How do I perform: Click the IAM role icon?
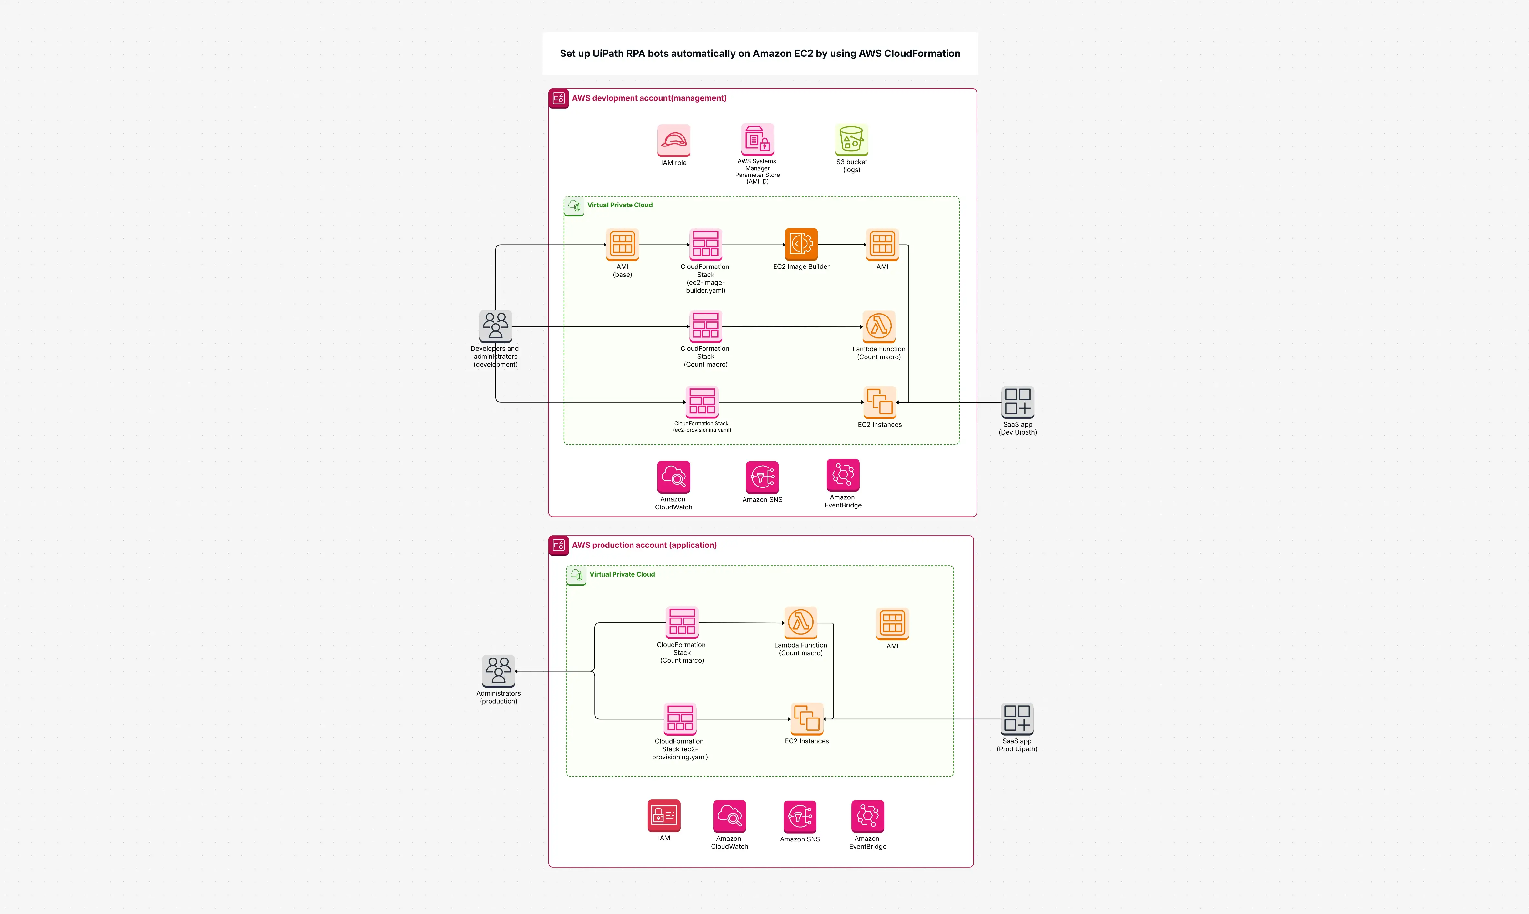(673, 140)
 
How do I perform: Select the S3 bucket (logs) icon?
(851, 140)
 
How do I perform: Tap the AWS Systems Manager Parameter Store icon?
(757, 139)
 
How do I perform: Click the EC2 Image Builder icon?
(801, 245)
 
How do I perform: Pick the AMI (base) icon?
(622, 245)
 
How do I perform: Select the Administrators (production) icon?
(498, 671)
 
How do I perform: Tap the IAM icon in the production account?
(663, 816)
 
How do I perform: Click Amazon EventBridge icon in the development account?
(843, 475)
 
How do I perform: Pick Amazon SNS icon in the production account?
(800, 817)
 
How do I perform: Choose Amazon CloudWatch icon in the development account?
(673, 477)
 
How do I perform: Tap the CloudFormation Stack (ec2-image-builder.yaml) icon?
(705, 245)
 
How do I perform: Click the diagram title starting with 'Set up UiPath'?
(760, 54)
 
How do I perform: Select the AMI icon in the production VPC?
(892, 623)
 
